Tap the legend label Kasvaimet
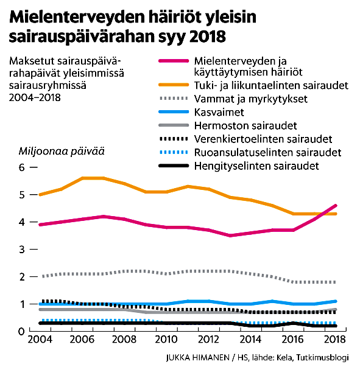click(219, 113)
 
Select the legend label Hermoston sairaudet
click(245, 126)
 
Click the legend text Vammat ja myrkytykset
click(250, 99)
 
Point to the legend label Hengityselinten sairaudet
click(256, 166)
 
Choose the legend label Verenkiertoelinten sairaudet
click(263, 139)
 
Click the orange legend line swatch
click(174, 85)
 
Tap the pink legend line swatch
click(174, 61)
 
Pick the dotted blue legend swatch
click(174, 152)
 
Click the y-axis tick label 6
click(22, 167)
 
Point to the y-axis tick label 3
click(22, 250)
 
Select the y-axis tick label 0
click(22, 332)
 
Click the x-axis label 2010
click(166, 340)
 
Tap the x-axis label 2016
click(292, 340)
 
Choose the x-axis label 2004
click(40, 340)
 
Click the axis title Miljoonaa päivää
click(62, 151)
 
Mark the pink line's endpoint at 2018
click(336, 206)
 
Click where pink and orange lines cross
click(325, 214)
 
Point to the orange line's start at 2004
click(40, 195)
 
